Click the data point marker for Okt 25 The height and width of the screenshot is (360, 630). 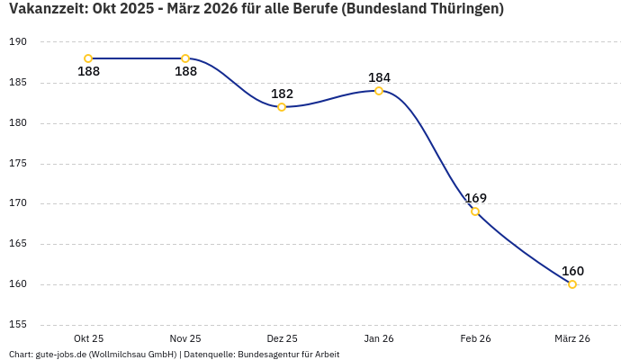[88, 58]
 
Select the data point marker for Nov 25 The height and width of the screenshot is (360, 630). [185, 58]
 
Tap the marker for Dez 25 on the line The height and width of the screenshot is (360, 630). [282, 107]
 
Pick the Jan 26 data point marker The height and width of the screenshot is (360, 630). [379, 91]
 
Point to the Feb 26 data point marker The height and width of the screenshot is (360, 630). [475, 211]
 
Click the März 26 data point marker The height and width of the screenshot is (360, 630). [572, 284]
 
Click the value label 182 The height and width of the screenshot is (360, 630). [282, 94]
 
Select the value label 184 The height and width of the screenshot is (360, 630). [379, 77]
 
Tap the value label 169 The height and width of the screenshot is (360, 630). [475, 198]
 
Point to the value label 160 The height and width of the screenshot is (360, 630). [572, 271]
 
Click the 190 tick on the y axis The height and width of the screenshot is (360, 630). [19, 42]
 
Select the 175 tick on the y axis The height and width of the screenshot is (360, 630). [19, 164]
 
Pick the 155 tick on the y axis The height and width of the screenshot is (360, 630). [19, 324]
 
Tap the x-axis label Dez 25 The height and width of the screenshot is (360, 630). [282, 338]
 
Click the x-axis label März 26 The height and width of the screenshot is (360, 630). [572, 338]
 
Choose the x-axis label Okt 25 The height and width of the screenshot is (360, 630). [88, 338]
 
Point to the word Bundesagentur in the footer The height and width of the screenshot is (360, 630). [267, 354]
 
